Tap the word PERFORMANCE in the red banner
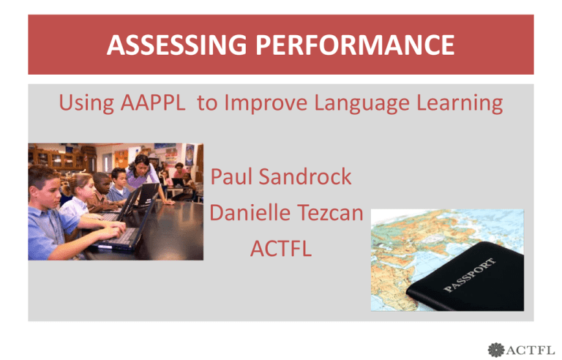pos(355,45)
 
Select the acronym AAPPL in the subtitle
pos(153,102)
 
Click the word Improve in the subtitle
pos(266,104)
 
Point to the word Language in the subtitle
pos(361,104)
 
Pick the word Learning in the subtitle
pos(460,104)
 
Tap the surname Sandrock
pos(305,176)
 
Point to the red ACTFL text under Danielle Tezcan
pos(281,249)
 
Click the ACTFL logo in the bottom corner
pos(521,350)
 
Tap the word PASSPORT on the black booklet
pos(470,274)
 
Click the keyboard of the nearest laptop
pos(119,237)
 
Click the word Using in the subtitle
pos(86,104)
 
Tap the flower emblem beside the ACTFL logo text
pos(496,350)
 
